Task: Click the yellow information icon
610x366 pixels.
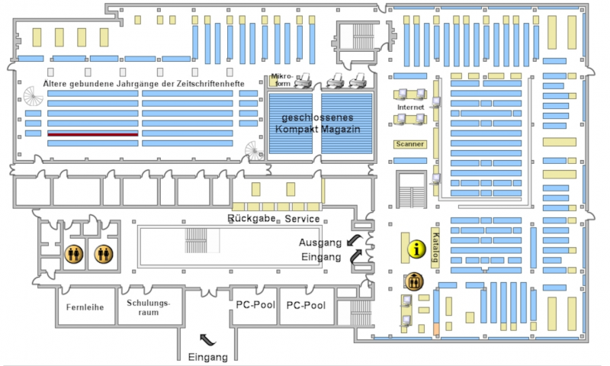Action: [416, 248]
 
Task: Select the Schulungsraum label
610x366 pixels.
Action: [149, 307]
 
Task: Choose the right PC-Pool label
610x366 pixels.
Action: [305, 305]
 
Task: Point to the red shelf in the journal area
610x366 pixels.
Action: [93, 133]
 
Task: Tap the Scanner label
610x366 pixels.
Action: [409, 143]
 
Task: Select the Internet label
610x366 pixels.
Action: [409, 108]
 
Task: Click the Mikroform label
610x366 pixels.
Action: [281, 79]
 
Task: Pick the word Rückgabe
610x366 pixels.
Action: [251, 219]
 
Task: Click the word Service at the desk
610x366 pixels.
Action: [303, 219]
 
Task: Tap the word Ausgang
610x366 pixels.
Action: [319, 242]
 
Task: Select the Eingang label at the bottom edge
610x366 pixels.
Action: [207, 357]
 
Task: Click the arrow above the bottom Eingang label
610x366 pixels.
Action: [207, 338]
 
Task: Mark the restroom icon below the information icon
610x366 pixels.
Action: [413, 280]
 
